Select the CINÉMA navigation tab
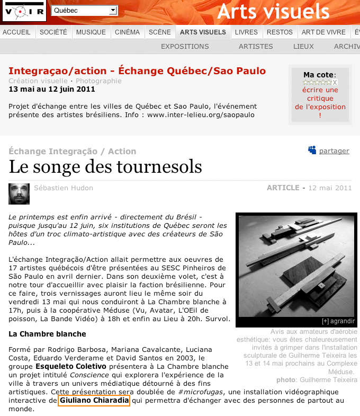click(x=127, y=32)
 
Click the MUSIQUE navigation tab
click(x=91, y=32)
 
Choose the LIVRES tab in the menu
click(x=246, y=32)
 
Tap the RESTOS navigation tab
click(x=280, y=32)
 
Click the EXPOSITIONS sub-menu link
click(x=185, y=47)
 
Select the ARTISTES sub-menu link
click(x=256, y=47)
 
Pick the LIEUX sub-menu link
click(x=303, y=47)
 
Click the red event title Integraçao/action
click(x=137, y=71)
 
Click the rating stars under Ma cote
click(x=318, y=83)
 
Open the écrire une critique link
click(x=320, y=99)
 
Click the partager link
click(x=334, y=151)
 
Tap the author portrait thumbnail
click(x=19, y=193)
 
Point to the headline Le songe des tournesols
click(x=105, y=167)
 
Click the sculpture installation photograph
click(x=296, y=265)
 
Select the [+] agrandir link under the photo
click(x=338, y=322)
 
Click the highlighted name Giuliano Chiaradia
click(x=94, y=401)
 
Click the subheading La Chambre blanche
click(x=47, y=334)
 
